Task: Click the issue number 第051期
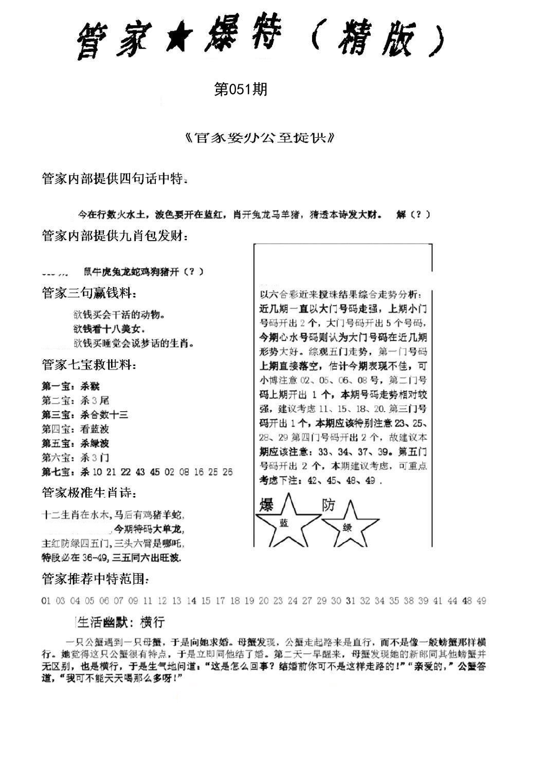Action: (241, 90)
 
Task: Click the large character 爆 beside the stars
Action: (266, 505)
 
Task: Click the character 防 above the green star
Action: (328, 505)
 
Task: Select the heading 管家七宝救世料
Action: (89, 365)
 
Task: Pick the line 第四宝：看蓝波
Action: (75, 429)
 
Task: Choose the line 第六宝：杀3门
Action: (75, 457)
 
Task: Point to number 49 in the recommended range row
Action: (481, 600)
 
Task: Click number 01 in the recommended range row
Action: (45, 600)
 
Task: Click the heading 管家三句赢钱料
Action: (89, 293)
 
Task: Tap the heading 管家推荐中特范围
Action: (96, 579)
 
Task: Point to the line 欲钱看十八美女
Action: (108, 328)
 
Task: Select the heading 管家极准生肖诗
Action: (89, 493)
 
